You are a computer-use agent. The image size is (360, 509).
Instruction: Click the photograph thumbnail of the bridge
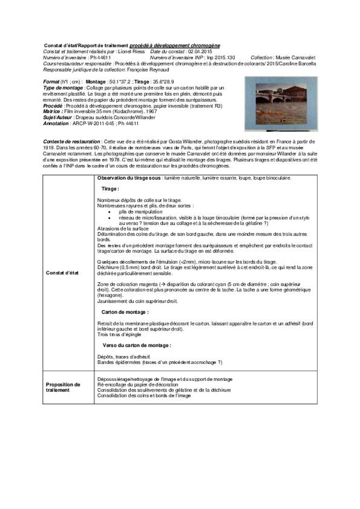pyautogui.click(x=281, y=104)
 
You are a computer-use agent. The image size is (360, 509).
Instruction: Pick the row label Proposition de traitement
pyautogui.click(x=63, y=387)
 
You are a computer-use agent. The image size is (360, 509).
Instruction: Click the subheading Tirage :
pyautogui.click(x=110, y=189)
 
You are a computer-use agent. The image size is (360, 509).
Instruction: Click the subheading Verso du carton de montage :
pyautogui.click(x=137, y=345)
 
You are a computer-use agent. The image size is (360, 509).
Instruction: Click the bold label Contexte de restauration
pyautogui.click(x=72, y=141)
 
